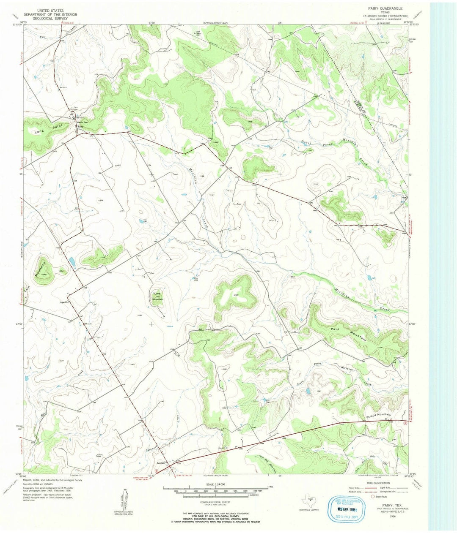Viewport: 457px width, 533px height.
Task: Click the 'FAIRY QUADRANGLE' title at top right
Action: pyautogui.click(x=385, y=8)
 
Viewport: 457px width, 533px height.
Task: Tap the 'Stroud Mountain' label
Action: pyautogui.click(x=377, y=415)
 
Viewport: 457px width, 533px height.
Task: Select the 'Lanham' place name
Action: pyautogui.click(x=161, y=463)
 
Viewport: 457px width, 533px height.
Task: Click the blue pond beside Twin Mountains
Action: pyautogui.click(x=72, y=261)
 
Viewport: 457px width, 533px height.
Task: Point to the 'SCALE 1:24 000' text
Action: pyautogui.click(x=216, y=484)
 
